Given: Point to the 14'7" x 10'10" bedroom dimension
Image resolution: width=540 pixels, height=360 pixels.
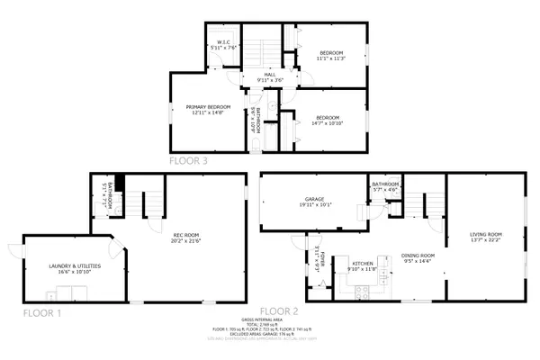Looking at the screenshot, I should pos(327,122).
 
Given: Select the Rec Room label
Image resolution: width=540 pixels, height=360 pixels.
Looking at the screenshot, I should pos(185,236).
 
